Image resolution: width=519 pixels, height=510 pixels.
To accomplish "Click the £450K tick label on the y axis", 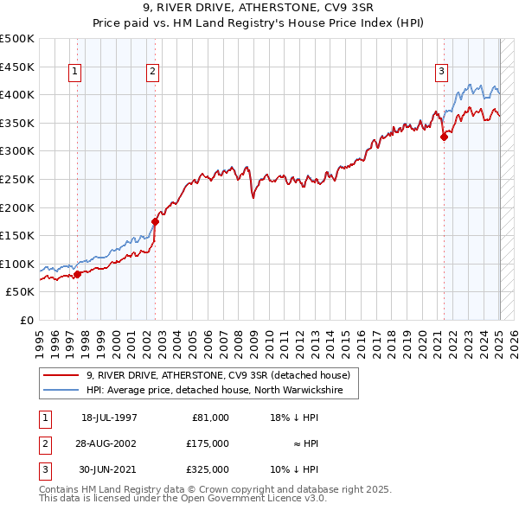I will click(x=18, y=67).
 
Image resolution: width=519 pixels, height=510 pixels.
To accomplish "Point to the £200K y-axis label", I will click(x=18, y=207).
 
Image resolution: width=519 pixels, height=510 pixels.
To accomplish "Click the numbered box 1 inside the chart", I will click(x=75, y=72).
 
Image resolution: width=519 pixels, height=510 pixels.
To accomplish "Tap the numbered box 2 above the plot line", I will click(x=152, y=72).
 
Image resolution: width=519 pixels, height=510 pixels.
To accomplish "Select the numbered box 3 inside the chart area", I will click(x=441, y=72).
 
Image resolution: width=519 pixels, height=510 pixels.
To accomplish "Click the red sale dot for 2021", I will click(x=444, y=137).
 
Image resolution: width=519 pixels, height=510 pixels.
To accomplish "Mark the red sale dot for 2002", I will click(x=156, y=221).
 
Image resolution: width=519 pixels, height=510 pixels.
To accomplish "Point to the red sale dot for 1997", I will click(x=77, y=274).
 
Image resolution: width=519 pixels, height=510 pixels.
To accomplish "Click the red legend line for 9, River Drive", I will click(x=62, y=375).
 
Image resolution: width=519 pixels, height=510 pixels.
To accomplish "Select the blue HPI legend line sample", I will click(x=62, y=391).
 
